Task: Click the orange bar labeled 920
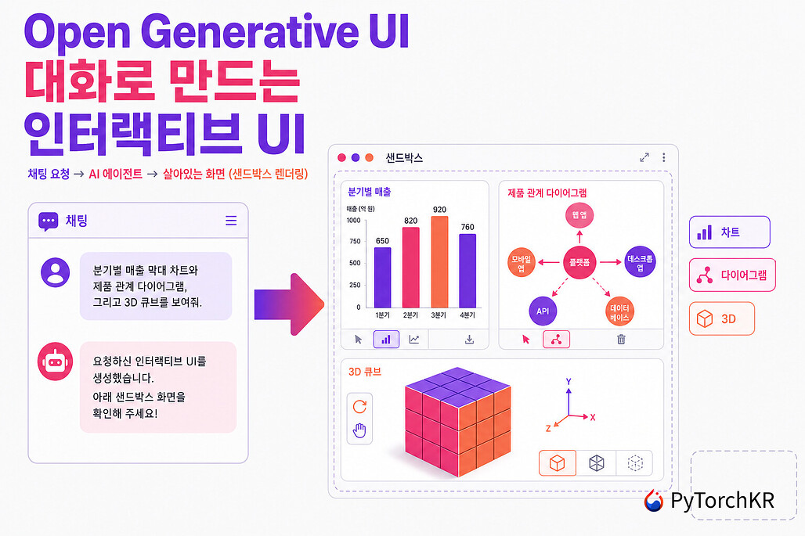tap(439, 261)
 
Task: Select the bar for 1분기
tap(382, 278)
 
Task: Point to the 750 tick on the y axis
tap(355, 241)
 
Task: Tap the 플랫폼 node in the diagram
tap(579, 262)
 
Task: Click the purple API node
tap(543, 311)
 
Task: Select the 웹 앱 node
tap(579, 215)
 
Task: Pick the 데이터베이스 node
tap(619, 312)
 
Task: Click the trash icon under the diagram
tap(621, 339)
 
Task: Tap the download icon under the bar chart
tap(469, 339)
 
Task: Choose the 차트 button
tap(730, 232)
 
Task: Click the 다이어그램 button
tap(732, 275)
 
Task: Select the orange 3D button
tap(722, 319)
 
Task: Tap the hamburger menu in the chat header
tap(231, 221)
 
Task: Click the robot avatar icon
tap(55, 362)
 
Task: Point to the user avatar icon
tap(56, 272)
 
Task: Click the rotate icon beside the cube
tap(360, 406)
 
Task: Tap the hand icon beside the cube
tap(359, 431)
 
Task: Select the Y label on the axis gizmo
tap(569, 382)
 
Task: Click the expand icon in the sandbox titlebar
tap(644, 157)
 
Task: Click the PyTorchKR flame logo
tap(654, 501)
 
